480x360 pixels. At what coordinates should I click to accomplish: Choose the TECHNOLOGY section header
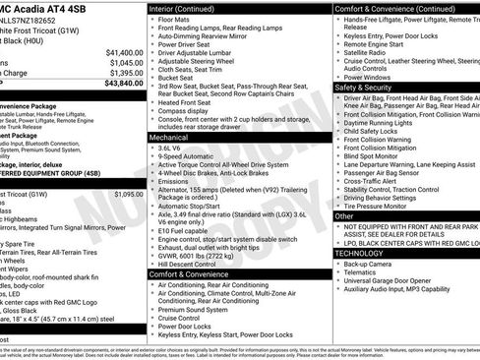pos(365,252)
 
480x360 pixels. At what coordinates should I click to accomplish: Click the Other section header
pos(344,215)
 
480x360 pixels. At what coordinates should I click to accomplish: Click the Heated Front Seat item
pos(188,101)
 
